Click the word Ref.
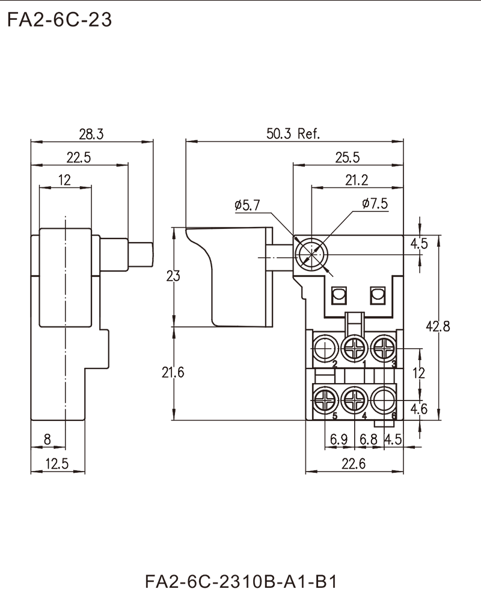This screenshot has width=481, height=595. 308,134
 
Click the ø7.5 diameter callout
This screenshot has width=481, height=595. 375,204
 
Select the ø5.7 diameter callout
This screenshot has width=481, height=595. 247,206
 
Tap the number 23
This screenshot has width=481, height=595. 173,276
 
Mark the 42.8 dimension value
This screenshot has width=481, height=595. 438,327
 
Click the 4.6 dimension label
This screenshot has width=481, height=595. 419,410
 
